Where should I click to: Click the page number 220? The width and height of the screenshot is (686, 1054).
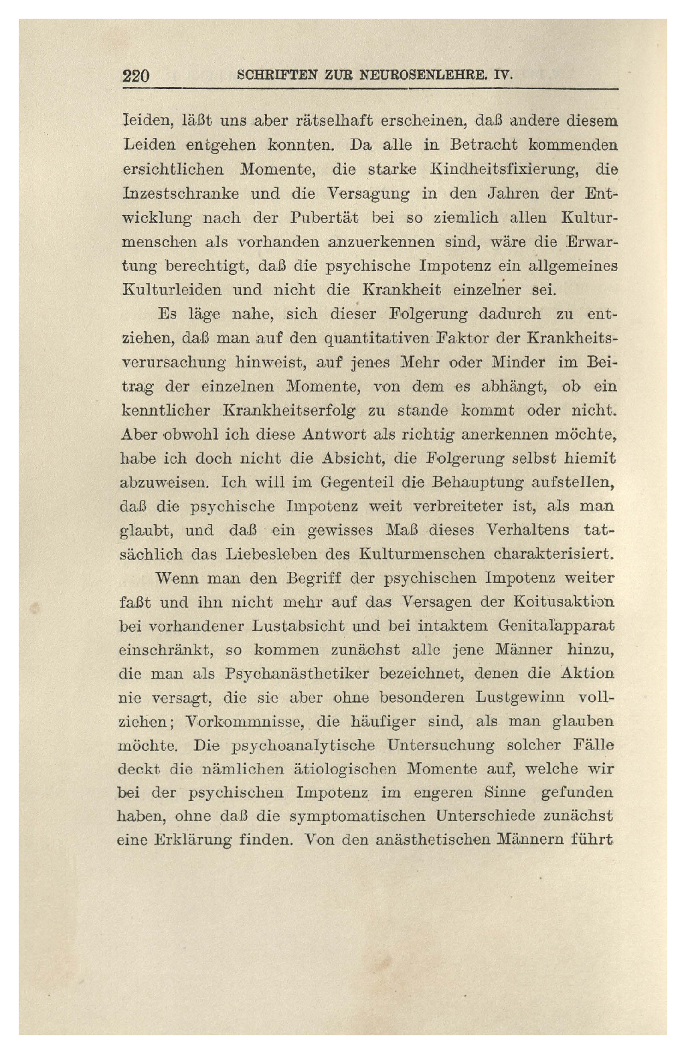[137, 75]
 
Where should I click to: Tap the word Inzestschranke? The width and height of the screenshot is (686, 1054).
[181, 193]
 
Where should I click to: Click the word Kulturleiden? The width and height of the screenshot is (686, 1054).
[172, 290]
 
